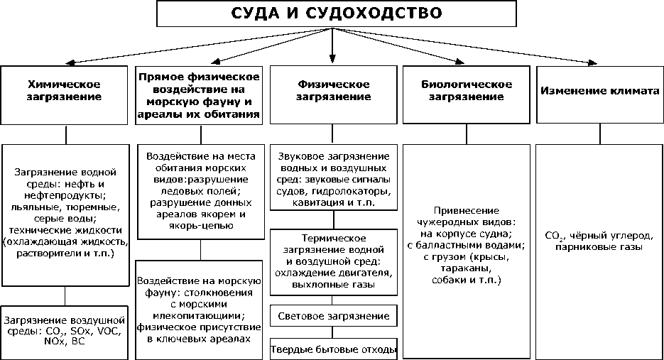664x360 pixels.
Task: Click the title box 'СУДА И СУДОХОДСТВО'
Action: (x=332, y=13)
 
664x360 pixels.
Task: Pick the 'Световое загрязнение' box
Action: (x=333, y=315)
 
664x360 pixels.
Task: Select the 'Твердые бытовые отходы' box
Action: (x=333, y=349)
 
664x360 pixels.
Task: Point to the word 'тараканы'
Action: (x=465, y=269)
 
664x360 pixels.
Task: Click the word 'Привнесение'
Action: (x=465, y=211)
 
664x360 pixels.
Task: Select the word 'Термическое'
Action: (x=333, y=237)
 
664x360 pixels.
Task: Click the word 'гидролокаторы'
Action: (x=353, y=191)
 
